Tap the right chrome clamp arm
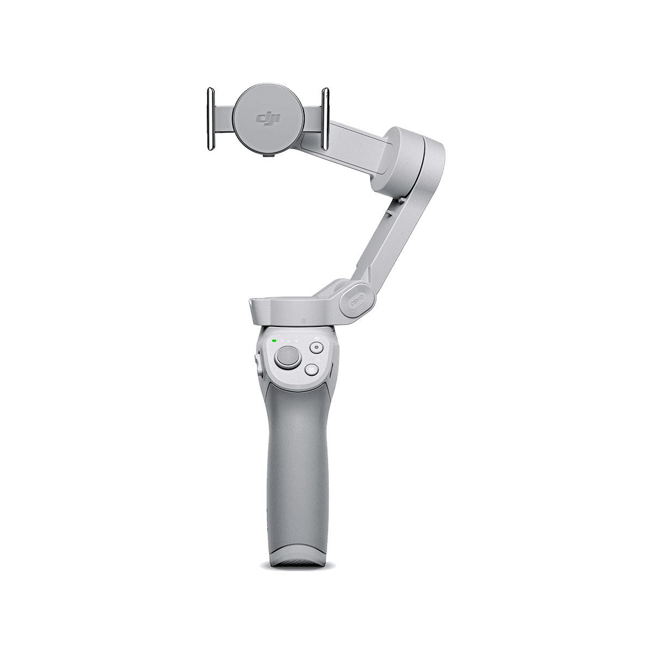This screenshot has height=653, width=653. [x=325, y=118]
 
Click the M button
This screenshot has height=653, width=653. [x=311, y=369]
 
